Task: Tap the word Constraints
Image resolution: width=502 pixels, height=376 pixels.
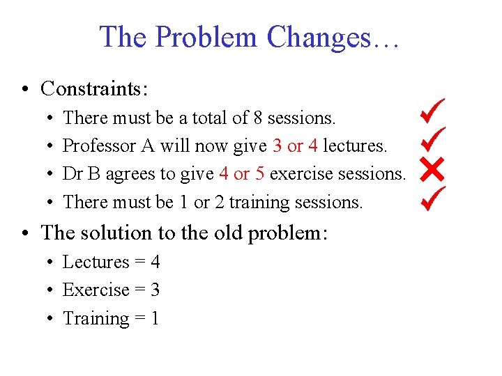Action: pos(93,88)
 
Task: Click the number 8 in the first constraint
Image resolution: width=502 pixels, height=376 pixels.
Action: pos(258,118)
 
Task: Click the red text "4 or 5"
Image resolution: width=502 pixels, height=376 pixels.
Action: pos(241,174)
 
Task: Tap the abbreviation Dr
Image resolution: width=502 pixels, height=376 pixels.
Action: pos(73,174)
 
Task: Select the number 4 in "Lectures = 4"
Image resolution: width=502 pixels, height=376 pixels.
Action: pos(155,263)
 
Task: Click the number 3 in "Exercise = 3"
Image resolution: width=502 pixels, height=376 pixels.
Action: pos(155,290)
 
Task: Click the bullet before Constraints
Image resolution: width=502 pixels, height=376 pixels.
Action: pos(24,89)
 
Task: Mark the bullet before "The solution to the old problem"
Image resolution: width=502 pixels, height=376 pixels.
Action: pos(24,233)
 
